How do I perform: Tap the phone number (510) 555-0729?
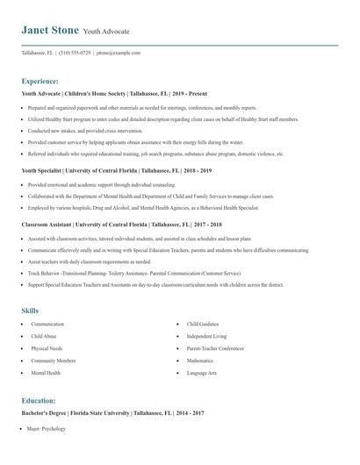click(x=74, y=53)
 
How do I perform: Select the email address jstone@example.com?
click(x=119, y=53)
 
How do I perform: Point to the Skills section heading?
click(x=31, y=310)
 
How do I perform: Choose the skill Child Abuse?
click(x=44, y=336)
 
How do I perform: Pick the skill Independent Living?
click(x=206, y=336)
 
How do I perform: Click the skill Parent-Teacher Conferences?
click(x=214, y=348)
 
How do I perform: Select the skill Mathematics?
click(x=200, y=361)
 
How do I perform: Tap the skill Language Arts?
click(x=203, y=373)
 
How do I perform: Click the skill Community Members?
click(x=54, y=361)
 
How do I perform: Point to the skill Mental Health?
click(x=46, y=373)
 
